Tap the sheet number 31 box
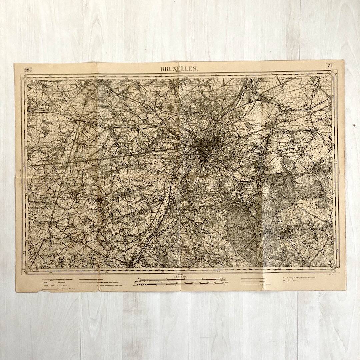click(x=330, y=66)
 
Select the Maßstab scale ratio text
click(x=180, y=277)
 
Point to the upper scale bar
click(x=180, y=280)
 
